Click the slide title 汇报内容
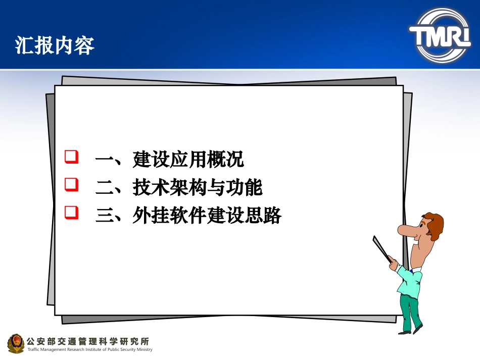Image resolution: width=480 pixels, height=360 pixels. (x=55, y=45)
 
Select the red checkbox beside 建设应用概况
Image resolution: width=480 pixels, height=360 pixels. (x=72, y=157)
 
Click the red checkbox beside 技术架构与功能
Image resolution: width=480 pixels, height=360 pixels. (x=72, y=185)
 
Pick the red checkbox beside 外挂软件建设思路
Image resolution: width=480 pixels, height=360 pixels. (x=72, y=213)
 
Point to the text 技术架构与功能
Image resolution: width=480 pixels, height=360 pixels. (x=198, y=188)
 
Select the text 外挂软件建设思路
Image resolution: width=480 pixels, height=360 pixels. (x=207, y=216)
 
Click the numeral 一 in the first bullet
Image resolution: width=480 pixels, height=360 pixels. (x=105, y=160)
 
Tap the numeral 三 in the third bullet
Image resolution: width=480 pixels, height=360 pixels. (x=105, y=217)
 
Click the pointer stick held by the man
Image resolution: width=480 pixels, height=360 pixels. (x=382, y=248)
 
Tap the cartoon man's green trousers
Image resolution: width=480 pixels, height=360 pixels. (x=411, y=309)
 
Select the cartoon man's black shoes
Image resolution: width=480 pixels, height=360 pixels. (x=410, y=331)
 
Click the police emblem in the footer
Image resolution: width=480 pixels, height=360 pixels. (x=16, y=343)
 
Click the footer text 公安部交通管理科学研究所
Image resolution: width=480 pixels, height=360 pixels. (x=87, y=341)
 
